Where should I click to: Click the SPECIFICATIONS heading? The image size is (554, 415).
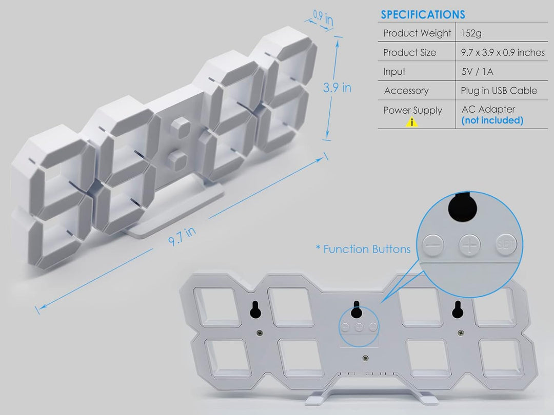[423, 14]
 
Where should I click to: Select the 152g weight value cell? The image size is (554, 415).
[471, 33]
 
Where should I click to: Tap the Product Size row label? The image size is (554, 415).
[409, 53]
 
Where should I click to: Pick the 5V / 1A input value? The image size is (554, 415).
[477, 72]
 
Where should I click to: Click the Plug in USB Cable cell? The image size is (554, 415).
[499, 91]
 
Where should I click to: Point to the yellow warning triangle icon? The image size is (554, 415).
[411, 122]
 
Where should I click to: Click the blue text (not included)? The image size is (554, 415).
[492, 120]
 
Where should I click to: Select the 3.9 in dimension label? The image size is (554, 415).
[337, 88]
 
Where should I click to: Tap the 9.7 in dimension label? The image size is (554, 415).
[182, 236]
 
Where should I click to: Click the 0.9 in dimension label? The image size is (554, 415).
[323, 17]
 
